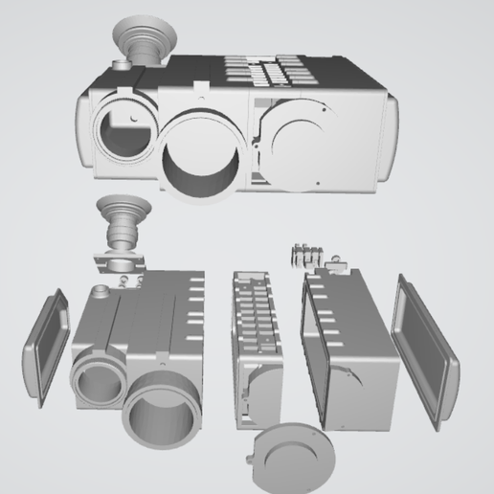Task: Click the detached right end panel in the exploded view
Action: (425, 348)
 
